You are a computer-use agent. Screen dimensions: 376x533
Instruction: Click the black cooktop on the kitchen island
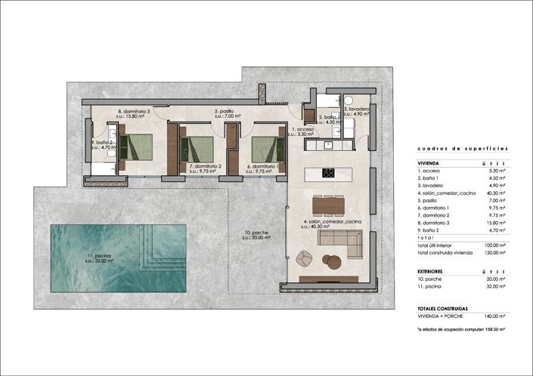coord(329,172)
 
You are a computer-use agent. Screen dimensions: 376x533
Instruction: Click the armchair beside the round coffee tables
coord(304,257)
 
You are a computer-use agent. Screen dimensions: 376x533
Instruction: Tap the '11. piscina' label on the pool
coord(98,258)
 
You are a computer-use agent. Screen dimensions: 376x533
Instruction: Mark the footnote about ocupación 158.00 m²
coord(460,330)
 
